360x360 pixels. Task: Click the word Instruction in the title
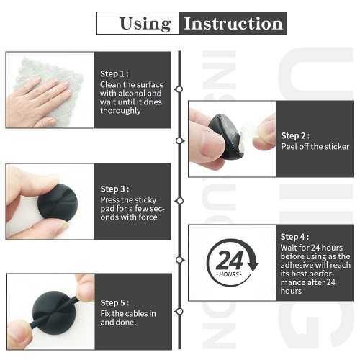click(233, 23)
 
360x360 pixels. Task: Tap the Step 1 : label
click(114, 73)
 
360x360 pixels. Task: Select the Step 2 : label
click(295, 135)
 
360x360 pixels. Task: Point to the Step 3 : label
click(114, 189)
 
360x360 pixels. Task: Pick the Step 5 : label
click(114, 302)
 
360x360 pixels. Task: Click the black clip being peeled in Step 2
click(223, 137)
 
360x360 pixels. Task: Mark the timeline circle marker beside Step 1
click(179, 89)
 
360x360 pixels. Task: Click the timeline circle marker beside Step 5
click(179, 311)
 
